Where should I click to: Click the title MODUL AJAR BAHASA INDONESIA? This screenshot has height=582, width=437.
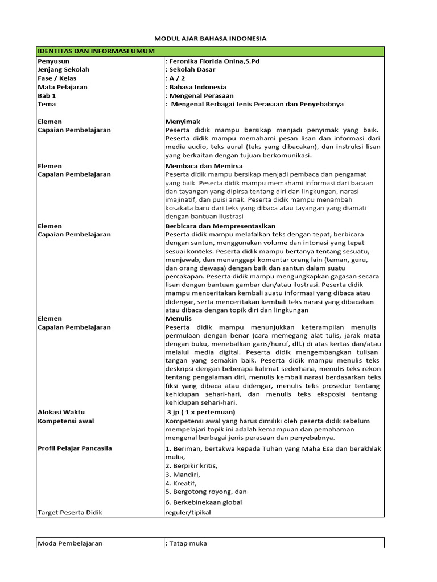(x=211, y=39)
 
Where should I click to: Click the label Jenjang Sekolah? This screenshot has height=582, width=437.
(x=63, y=69)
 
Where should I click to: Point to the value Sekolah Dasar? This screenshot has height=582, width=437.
(x=191, y=69)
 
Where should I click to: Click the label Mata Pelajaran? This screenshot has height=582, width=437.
(x=63, y=87)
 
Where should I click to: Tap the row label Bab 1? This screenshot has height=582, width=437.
(x=47, y=96)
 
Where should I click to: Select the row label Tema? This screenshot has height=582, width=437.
(x=47, y=104)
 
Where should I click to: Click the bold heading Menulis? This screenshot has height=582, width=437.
(x=178, y=319)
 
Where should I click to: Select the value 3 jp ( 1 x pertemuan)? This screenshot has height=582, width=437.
(x=201, y=411)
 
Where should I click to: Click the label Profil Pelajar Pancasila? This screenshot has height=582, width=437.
(x=75, y=448)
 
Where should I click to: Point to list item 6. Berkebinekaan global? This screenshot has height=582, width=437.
(x=203, y=502)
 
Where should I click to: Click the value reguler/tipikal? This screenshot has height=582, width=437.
(x=187, y=512)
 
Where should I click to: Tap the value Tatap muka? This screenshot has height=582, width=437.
(x=188, y=543)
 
